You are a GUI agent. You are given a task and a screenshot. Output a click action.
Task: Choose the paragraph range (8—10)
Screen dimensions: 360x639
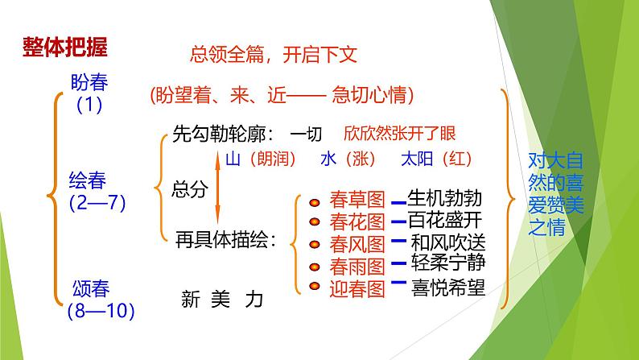(x=97, y=310)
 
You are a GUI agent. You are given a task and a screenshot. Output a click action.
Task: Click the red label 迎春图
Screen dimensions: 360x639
(x=357, y=287)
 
